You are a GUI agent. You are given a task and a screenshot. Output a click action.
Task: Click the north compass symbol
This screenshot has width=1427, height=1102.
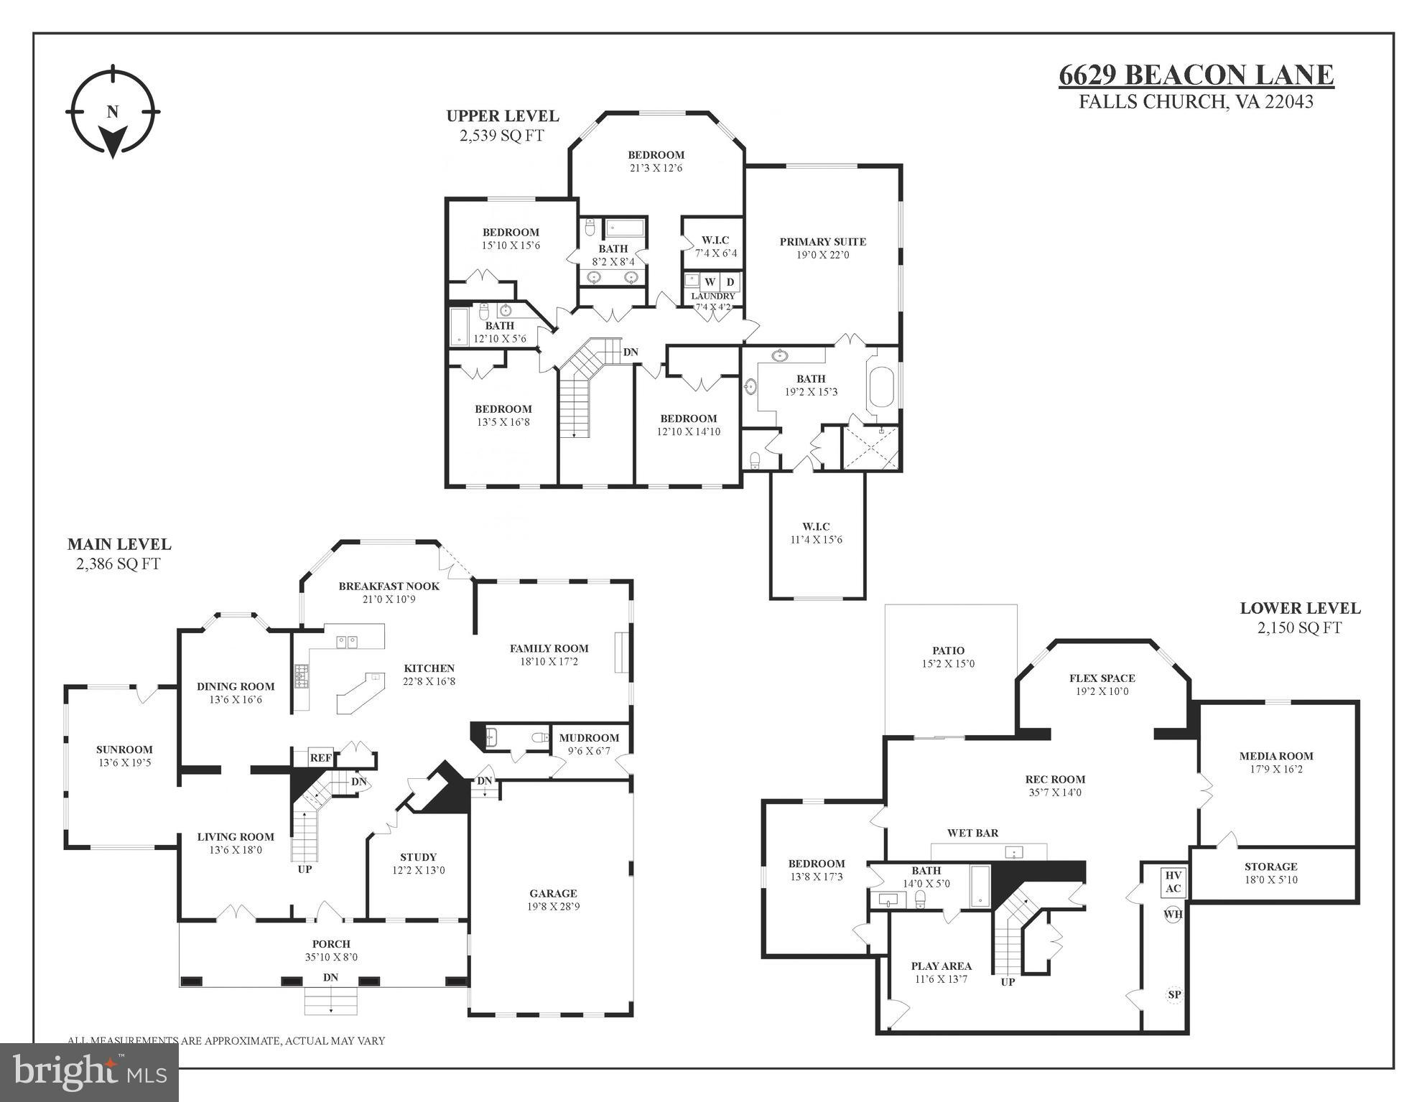113,112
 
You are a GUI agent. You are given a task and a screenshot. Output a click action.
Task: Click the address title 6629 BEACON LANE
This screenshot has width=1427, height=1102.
1196,75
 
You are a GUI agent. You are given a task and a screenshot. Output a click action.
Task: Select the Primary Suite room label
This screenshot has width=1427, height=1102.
822,242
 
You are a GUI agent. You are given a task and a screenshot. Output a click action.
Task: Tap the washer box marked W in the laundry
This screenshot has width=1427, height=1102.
710,282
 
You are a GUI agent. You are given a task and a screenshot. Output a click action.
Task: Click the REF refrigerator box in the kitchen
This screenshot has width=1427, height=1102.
320,757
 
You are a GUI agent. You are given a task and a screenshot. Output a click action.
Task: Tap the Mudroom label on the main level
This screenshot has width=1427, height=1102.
589,738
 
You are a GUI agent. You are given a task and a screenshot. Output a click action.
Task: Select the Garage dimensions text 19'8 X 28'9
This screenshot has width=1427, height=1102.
553,907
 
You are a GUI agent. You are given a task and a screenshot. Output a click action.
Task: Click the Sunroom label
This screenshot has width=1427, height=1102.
124,750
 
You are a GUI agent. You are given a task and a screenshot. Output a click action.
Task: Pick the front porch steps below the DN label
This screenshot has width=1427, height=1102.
331,1001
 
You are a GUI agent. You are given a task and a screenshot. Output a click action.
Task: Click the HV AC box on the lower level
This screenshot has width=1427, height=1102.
1173,882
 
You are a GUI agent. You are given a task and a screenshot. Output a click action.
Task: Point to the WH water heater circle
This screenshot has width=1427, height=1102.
1173,915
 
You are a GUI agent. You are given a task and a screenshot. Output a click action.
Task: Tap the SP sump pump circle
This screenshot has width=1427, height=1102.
1174,995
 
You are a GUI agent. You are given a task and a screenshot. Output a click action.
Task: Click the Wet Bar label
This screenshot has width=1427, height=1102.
972,833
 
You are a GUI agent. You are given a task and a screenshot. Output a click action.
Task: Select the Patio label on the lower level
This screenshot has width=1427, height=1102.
948,650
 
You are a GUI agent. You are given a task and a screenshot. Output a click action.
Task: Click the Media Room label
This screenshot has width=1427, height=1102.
1275,756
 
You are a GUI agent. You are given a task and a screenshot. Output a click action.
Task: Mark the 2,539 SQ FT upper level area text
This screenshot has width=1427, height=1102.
502,135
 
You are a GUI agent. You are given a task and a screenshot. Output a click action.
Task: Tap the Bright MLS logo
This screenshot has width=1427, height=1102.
89,1072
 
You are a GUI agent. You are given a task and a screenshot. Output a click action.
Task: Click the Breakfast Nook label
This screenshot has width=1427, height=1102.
389,586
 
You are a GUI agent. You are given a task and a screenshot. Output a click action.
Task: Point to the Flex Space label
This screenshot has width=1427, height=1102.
1102,678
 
